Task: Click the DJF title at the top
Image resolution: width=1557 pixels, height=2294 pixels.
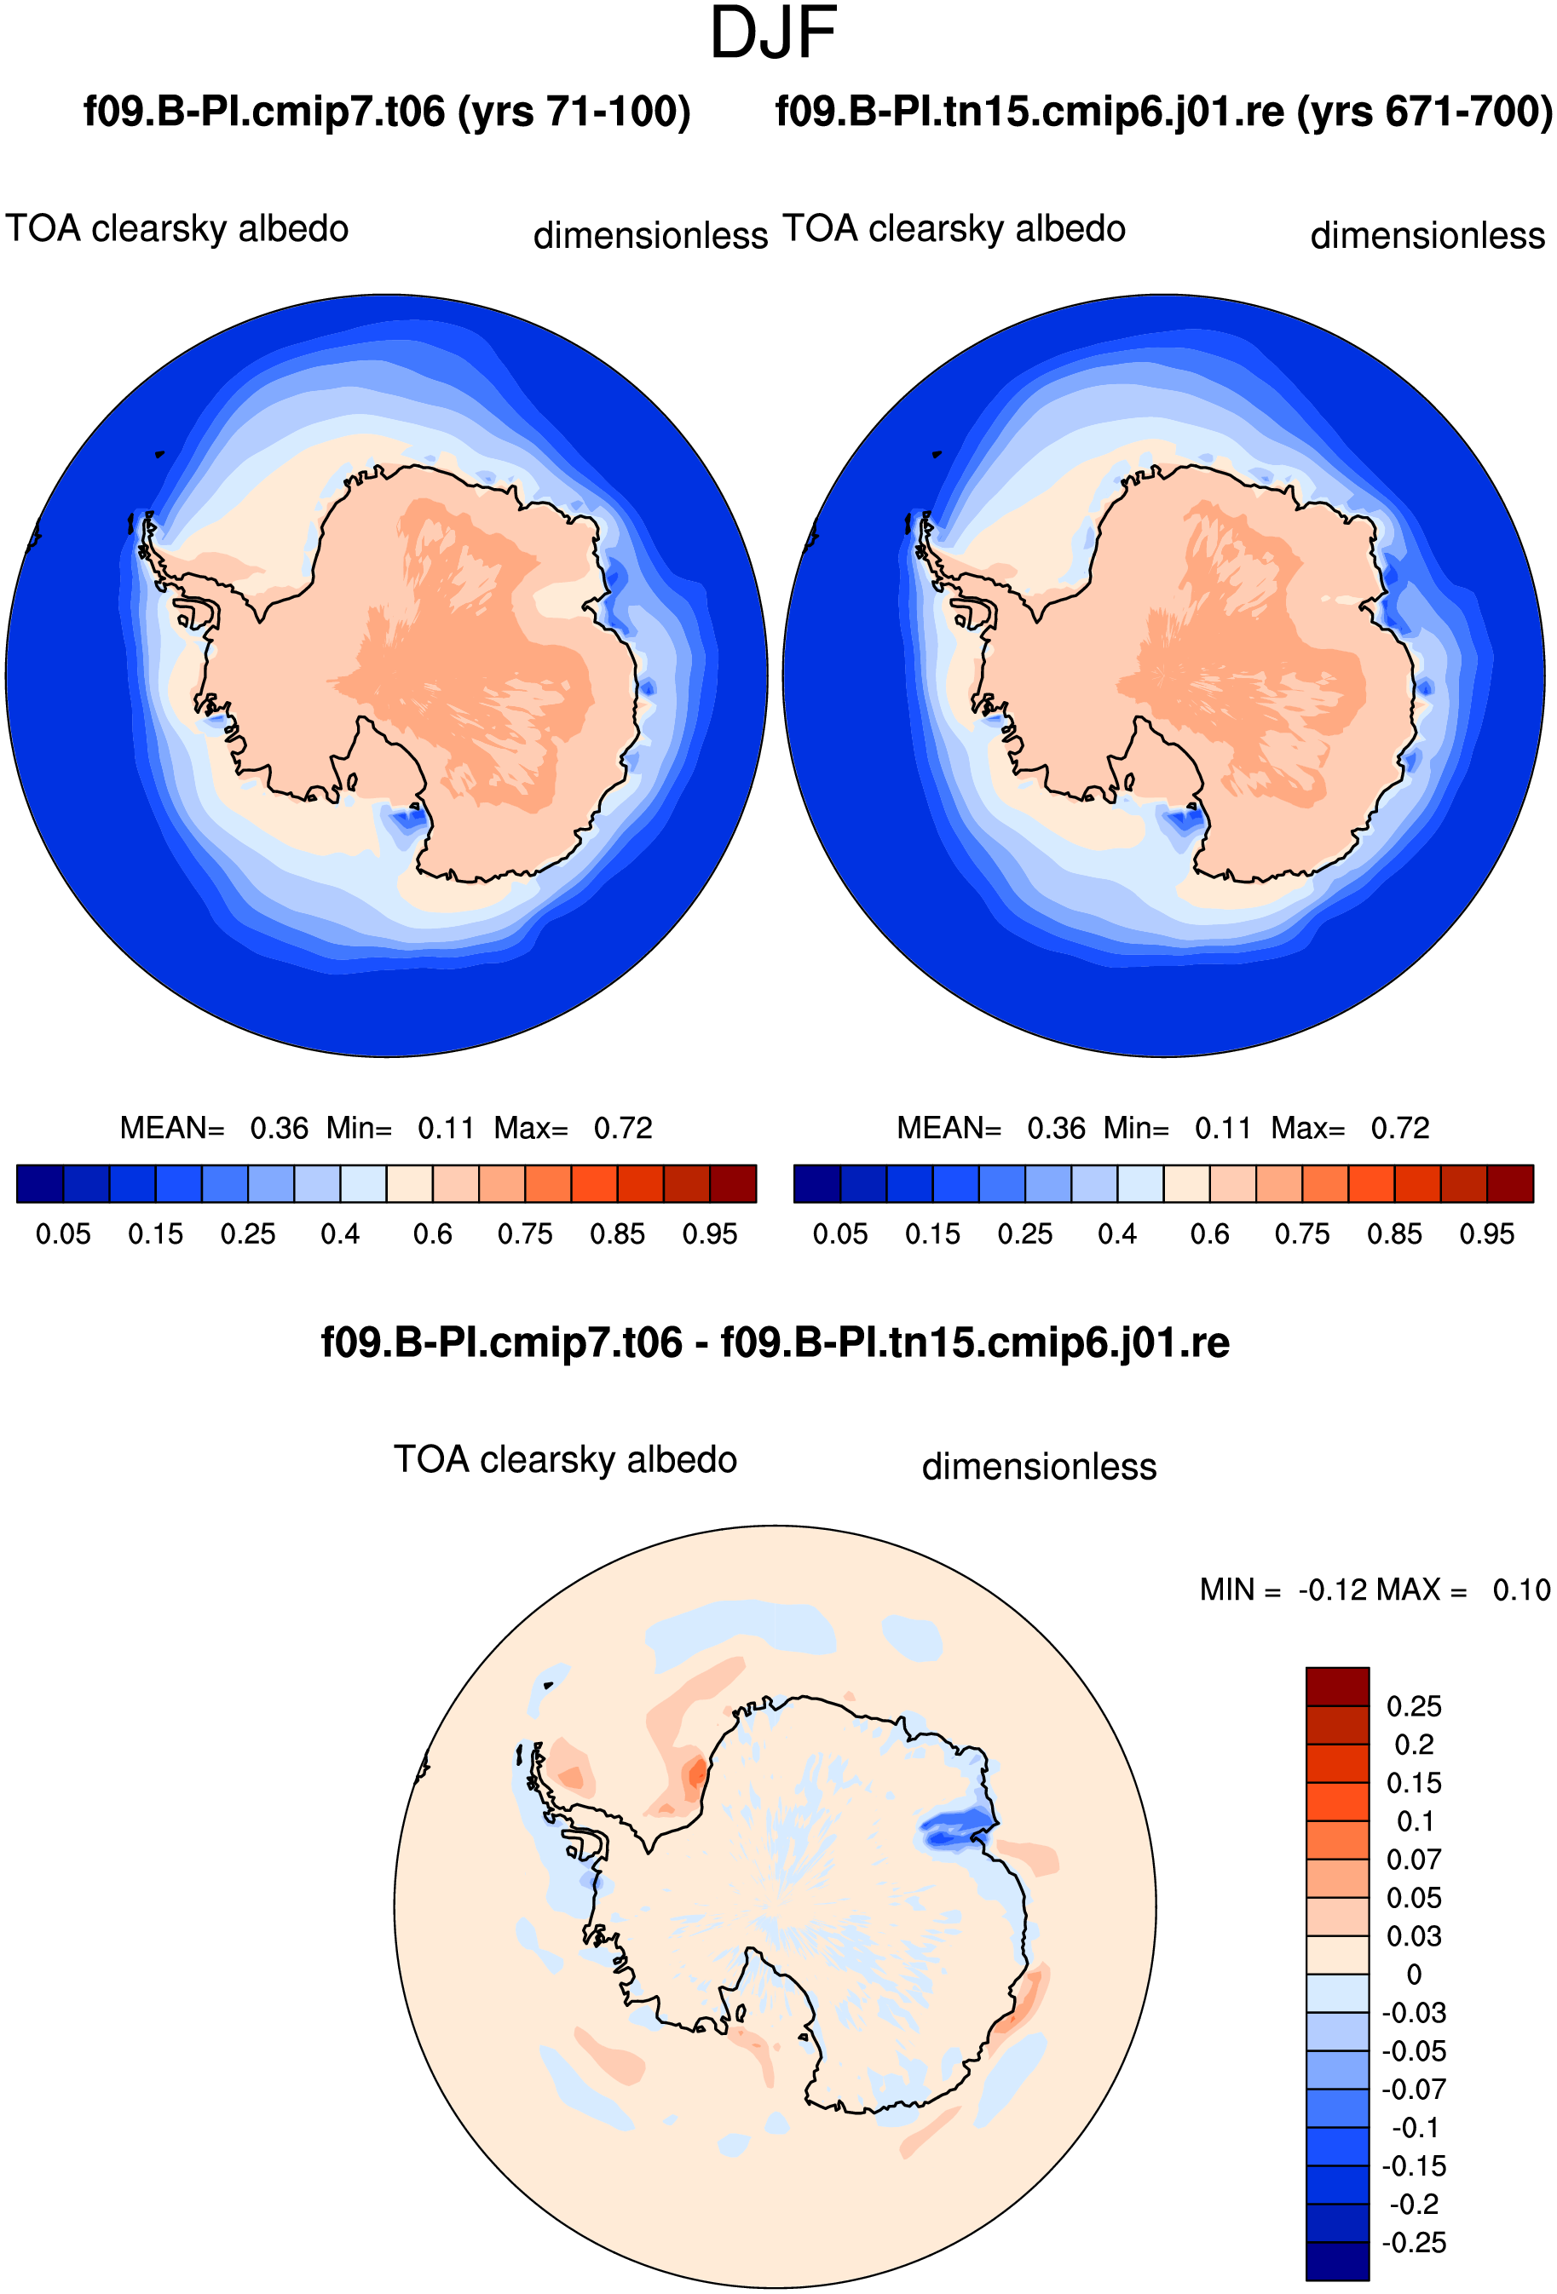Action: click(773, 33)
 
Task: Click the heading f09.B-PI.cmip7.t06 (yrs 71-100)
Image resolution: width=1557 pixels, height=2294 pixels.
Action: click(387, 112)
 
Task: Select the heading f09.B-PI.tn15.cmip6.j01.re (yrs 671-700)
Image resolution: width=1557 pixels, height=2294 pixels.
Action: click(1164, 112)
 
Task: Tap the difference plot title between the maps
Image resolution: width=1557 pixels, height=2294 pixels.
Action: click(775, 1342)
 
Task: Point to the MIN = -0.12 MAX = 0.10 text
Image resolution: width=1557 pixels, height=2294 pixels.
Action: click(1375, 1590)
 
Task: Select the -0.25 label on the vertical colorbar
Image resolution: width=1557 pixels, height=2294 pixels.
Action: click(1414, 2242)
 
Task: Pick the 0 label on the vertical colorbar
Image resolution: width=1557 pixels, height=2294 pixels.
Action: click(1414, 1975)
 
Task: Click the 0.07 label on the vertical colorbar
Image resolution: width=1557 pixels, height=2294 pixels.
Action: click(1414, 1859)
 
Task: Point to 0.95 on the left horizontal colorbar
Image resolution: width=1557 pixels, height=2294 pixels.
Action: click(710, 1233)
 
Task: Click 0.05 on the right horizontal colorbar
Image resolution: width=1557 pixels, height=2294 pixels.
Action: click(840, 1233)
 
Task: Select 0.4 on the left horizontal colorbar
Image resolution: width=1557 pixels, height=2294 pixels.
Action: click(340, 1233)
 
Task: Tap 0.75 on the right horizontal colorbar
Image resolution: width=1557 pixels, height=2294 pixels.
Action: click(1301, 1233)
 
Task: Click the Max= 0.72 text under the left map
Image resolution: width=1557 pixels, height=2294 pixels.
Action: click(573, 1127)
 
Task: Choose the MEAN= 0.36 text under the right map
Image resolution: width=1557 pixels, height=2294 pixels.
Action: click(990, 1127)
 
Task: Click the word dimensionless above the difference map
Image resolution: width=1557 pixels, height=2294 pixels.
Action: click(1039, 1467)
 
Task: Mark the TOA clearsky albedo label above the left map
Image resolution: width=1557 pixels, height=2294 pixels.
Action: click(176, 229)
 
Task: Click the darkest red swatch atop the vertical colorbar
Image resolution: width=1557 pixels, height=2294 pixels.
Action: click(1337, 1686)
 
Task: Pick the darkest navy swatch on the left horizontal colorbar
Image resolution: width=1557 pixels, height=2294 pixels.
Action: click(40, 1183)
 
